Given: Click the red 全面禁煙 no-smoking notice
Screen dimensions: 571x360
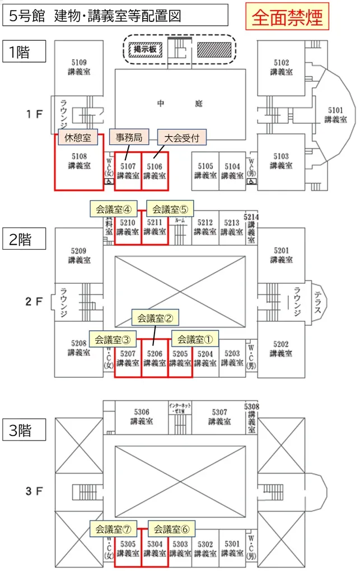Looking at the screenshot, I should pyautogui.click(x=287, y=17).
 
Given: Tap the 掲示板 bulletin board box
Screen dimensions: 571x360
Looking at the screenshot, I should pyautogui.click(x=144, y=49).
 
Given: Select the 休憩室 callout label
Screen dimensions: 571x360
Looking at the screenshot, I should pyautogui.click(x=78, y=138).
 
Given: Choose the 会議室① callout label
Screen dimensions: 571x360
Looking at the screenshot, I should pyautogui.click(x=194, y=339).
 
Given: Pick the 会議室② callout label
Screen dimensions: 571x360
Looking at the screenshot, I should pyautogui.click(x=154, y=318).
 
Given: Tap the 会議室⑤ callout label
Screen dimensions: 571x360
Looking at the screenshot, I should pyautogui.click(x=169, y=209).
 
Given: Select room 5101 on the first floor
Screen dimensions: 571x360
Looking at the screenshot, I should pyautogui.click(x=335, y=114).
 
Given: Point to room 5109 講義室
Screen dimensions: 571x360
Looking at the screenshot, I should pyautogui.click(x=79, y=67).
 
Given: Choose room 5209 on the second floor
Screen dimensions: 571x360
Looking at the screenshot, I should pyautogui.click(x=79, y=256).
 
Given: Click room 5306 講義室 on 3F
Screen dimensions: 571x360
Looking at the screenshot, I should pyautogui.click(x=142, y=416).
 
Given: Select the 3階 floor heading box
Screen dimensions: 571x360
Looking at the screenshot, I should pyautogui.click(x=24, y=431).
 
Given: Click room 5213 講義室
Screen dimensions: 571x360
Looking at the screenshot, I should pyautogui.click(x=231, y=227).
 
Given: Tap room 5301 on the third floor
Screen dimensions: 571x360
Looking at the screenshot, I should pyautogui.click(x=231, y=548).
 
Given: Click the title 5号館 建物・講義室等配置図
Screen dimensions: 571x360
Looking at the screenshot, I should pyautogui.click(x=115, y=16).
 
